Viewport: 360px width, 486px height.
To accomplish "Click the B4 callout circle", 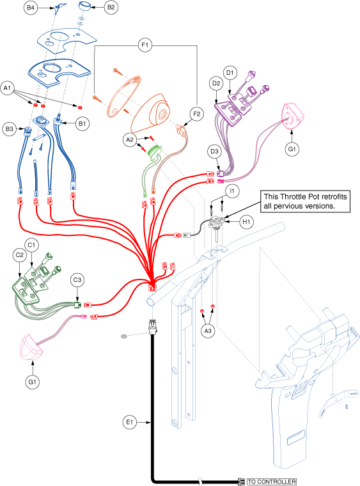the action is tap(30, 8).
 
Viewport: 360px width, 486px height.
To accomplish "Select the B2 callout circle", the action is tap(111, 7).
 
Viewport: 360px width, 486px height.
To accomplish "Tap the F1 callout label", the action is tap(145, 45).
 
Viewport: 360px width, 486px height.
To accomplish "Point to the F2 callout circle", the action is tap(197, 114).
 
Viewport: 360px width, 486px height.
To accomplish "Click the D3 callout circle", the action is tap(214, 152).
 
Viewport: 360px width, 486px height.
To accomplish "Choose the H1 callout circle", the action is tap(247, 222).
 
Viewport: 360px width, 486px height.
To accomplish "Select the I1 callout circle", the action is tap(232, 191).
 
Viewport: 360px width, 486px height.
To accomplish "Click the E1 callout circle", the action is tap(130, 422).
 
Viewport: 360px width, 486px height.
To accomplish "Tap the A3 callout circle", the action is tap(208, 331).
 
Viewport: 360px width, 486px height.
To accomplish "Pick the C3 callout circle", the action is tap(77, 280).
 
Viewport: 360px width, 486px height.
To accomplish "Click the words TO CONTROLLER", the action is tap(272, 482).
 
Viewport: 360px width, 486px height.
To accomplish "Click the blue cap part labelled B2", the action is tap(83, 6).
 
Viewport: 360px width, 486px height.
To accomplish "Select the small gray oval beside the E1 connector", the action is tap(123, 336).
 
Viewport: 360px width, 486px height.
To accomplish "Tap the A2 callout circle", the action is tap(130, 140).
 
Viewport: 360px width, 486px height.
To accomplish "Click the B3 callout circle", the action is tap(10, 129).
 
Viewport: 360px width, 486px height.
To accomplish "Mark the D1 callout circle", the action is tap(230, 73).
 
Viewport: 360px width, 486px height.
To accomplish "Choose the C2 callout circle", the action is tap(19, 255).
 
